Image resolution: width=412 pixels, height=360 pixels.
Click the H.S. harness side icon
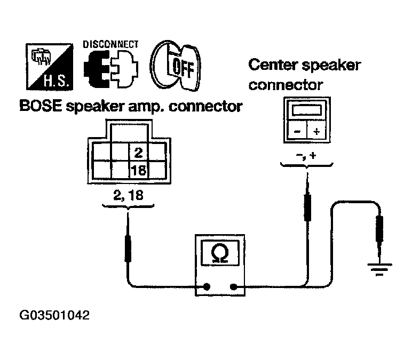click(50, 67)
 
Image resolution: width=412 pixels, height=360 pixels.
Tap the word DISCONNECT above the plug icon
click(110, 45)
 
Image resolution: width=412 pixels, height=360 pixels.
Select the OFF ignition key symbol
click(175, 66)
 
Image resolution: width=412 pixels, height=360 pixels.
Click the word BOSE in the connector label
click(41, 106)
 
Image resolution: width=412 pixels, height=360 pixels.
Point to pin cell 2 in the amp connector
click(138, 153)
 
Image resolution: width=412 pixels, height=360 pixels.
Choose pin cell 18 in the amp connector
click(138, 170)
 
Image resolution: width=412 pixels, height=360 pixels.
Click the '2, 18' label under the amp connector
click(128, 195)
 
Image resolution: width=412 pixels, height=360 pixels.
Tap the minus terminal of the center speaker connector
click(297, 131)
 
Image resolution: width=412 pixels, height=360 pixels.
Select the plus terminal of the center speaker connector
click(316, 131)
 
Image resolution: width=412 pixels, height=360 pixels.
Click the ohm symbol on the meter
click(220, 253)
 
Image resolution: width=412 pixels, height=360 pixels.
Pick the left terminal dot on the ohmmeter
click(207, 286)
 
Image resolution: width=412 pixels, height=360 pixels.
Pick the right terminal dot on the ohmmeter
click(233, 287)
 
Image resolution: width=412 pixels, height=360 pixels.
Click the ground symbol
click(379, 269)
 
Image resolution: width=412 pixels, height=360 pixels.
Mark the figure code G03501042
click(54, 315)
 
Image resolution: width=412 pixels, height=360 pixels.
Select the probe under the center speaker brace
click(307, 197)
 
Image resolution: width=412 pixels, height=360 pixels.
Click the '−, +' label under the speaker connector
click(306, 156)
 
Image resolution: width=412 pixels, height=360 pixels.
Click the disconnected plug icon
click(110, 69)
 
